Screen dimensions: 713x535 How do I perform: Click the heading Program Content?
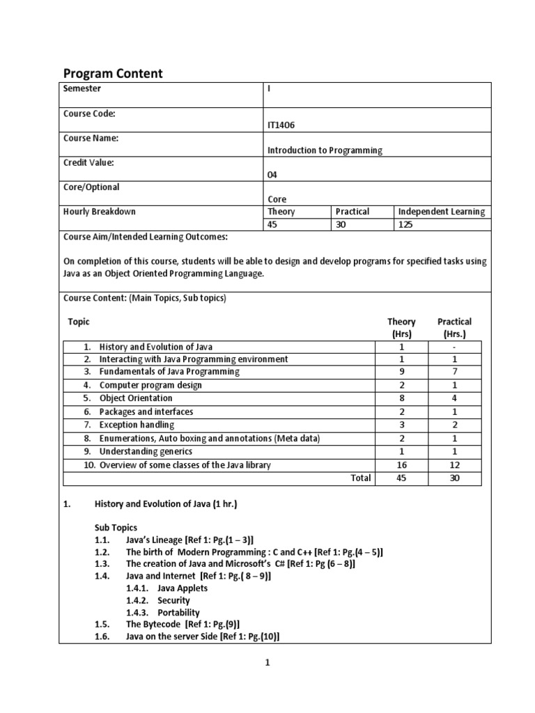pos(114,74)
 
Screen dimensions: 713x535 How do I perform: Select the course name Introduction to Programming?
pos(325,150)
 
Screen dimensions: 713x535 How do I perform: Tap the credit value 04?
pos(272,175)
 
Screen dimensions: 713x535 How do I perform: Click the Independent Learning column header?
pos(442,212)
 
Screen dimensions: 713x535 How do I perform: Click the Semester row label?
pos(82,88)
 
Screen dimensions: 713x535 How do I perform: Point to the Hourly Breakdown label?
pos(99,212)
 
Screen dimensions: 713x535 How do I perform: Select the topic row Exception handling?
pos(137,425)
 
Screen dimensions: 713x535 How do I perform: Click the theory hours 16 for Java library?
pos(401,464)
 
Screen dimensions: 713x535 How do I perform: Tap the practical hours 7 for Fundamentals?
pos(453,372)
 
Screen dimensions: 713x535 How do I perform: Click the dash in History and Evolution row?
pos(453,346)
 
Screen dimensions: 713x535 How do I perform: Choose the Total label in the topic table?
pos(359,478)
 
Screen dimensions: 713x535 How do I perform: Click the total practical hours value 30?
pos(454,478)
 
